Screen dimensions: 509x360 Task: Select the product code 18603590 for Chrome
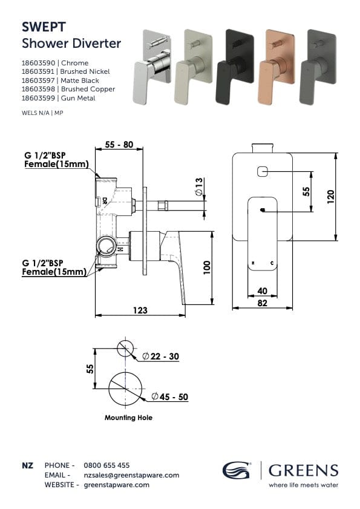tap(38, 63)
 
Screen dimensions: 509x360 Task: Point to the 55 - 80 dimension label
tap(119, 145)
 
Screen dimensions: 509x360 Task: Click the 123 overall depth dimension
tap(140, 310)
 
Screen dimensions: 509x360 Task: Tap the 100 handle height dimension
tap(207, 268)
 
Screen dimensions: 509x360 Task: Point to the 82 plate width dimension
tap(262, 303)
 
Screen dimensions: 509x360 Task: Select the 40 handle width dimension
tap(262, 291)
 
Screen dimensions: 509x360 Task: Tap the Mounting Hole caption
tap(128, 418)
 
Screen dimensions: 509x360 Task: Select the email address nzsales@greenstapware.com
tap(131, 475)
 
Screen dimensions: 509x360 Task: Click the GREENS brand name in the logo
tap(303, 470)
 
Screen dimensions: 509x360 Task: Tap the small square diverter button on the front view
tap(262, 172)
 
